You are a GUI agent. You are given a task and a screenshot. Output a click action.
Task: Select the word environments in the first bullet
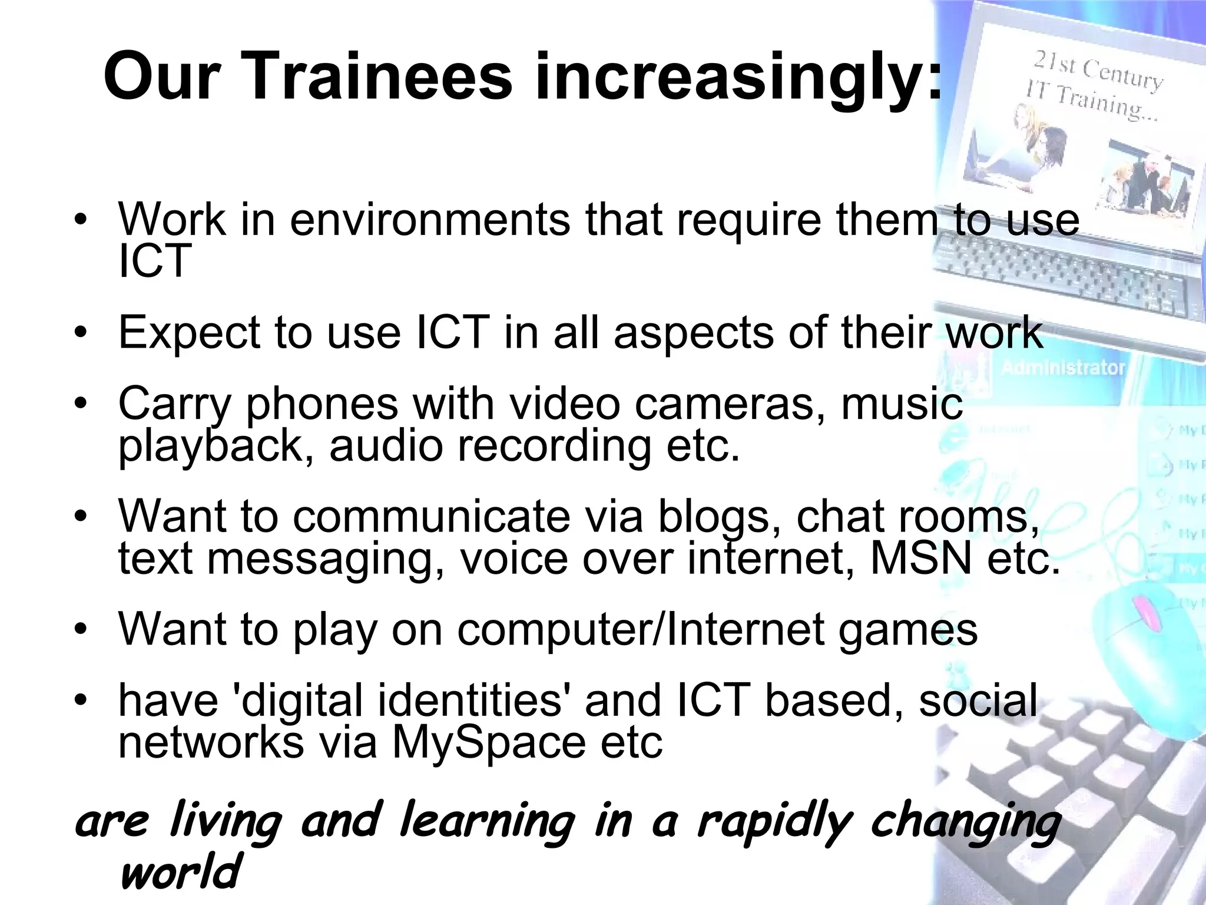tap(430, 219)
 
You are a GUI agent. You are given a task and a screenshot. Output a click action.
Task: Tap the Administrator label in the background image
tap(1063, 368)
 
